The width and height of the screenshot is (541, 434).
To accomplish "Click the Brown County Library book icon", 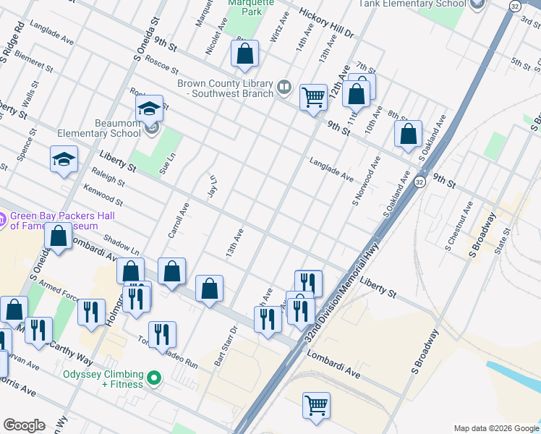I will pyautogui.click(x=285, y=88).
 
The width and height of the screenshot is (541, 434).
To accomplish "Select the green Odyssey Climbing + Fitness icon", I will pyautogui.click(x=153, y=378).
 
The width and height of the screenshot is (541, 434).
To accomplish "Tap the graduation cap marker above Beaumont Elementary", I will pyautogui.click(x=150, y=110).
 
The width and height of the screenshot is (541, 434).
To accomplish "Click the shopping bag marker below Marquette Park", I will pyautogui.click(x=245, y=53).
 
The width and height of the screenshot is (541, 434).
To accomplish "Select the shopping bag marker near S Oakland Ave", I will pyautogui.click(x=409, y=134).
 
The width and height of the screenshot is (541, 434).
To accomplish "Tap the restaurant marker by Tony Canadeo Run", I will pyautogui.click(x=163, y=334).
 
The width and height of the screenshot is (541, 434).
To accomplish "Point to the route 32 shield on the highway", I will pyautogui.click(x=419, y=183).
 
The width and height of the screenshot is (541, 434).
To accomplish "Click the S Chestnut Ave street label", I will pyautogui.click(x=459, y=226).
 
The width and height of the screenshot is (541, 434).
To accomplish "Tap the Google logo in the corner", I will pyautogui.click(x=24, y=425).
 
